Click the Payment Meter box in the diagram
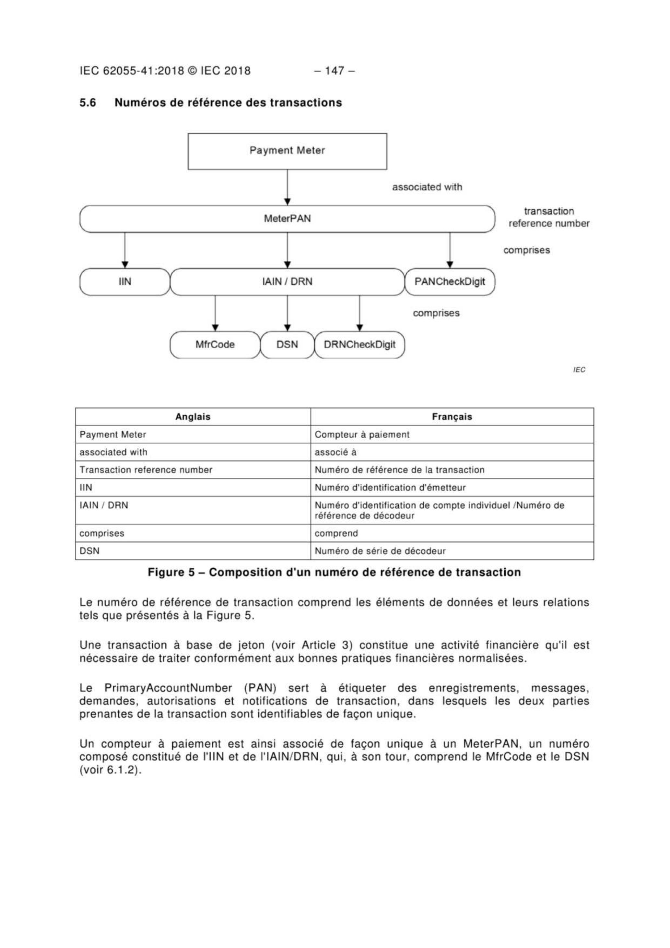(287, 151)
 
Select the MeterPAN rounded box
(287, 219)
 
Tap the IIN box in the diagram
(125, 282)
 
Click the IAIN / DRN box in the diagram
(287, 282)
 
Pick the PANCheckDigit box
(450, 282)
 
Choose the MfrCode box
(215, 345)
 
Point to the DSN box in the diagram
(287, 345)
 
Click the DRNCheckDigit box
(359, 345)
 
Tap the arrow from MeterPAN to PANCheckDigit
(450, 250)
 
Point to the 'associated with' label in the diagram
(427, 187)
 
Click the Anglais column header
(193, 417)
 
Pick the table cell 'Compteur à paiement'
(362, 434)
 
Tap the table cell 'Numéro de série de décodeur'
(380, 551)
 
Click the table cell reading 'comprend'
(336, 533)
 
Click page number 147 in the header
(335, 71)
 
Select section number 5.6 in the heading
(88, 102)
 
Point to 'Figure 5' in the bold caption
(171, 572)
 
